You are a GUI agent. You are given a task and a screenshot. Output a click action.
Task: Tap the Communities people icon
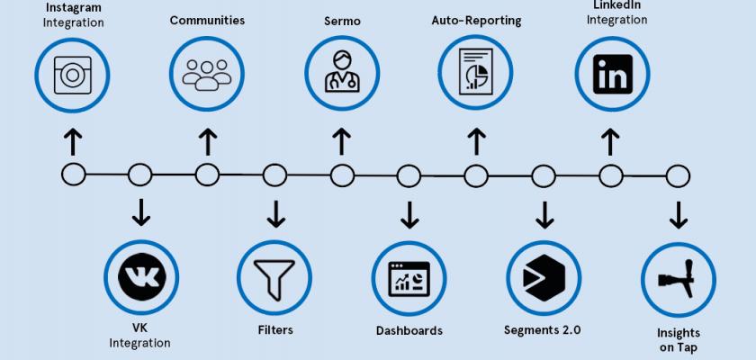click(207, 74)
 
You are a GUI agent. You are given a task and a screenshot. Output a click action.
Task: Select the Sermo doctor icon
click(340, 74)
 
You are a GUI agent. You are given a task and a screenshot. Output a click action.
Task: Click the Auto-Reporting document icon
click(475, 74)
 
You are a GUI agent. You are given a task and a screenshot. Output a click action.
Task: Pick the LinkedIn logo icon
click(610, 74)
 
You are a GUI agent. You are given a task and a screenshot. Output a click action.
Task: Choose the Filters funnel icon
click(274, 275)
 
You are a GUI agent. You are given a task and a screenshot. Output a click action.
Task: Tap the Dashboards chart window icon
click(409, 275)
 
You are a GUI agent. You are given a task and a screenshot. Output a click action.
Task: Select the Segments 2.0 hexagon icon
click(543, 275)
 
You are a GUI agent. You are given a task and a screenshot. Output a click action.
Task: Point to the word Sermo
click(340, 20)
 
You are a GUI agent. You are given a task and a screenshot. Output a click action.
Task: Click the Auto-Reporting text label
click(475, 20)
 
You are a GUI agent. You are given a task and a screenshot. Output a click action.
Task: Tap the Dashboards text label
click(409, 330)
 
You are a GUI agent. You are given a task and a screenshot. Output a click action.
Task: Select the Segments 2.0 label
click(543, 330)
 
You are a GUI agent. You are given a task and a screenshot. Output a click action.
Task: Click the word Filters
click(274, 330)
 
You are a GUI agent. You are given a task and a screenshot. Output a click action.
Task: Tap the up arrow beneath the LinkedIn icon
click(610, 141)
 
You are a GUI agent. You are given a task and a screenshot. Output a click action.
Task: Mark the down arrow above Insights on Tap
click(678, 213)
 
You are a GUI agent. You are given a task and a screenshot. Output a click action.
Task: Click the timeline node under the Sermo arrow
click(340, 174)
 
